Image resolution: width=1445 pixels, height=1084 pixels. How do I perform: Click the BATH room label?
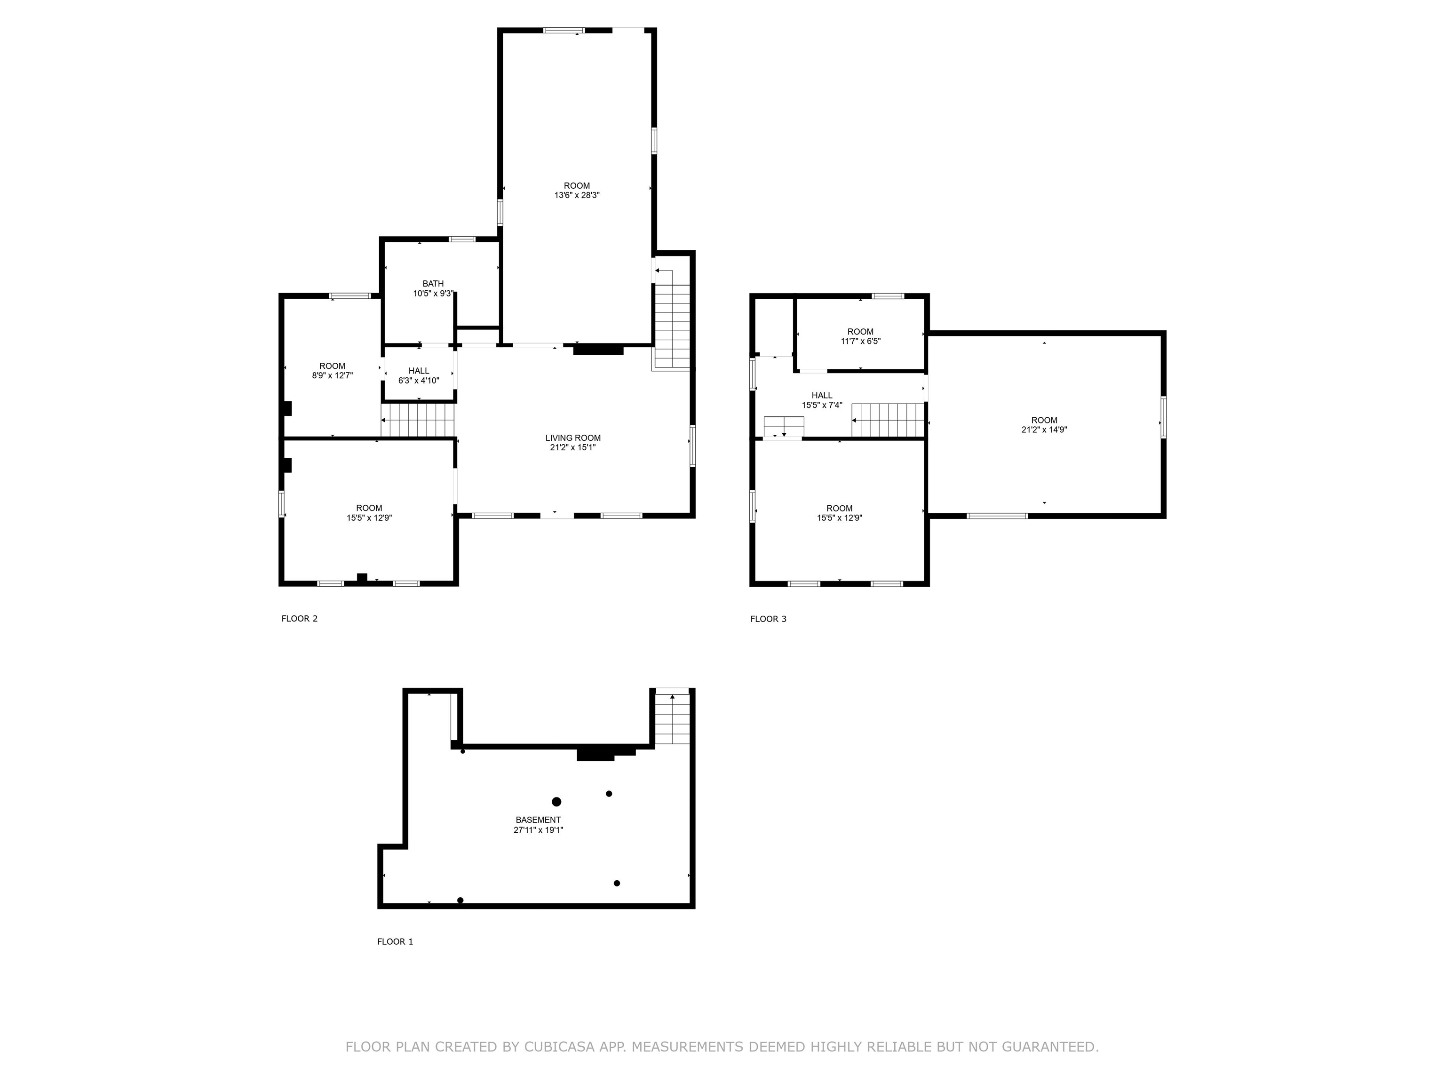coord(433,284)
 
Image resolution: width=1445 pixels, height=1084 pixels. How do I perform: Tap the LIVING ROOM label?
coord(573,438)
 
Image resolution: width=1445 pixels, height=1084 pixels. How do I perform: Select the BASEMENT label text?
coord(538,820)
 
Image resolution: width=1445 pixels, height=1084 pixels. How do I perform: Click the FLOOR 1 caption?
coord(395,941)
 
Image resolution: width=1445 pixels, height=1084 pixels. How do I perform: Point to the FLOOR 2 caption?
coord(299,619)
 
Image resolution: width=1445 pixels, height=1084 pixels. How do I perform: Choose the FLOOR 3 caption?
coord(768,619)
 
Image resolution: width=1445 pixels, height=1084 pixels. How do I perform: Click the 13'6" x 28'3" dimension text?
coord(577,195)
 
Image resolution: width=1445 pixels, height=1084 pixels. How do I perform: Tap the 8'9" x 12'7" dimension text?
coord(333,376)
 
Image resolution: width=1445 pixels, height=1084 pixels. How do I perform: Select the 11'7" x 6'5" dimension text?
coord(860,341)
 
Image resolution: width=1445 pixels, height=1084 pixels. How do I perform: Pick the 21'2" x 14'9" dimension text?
coord(1044,430)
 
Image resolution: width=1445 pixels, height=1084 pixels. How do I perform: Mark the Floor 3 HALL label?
coord(822,395)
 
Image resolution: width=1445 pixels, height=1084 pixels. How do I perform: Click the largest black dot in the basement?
coord(556,802)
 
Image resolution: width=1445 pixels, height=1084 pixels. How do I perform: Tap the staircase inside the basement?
coord(672,717)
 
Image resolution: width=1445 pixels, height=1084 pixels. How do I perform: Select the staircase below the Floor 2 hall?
coord(418,420)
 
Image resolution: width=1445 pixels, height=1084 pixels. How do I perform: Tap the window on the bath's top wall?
coord(462,239)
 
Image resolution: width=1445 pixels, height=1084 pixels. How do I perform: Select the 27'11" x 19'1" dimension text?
coord(538,830)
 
